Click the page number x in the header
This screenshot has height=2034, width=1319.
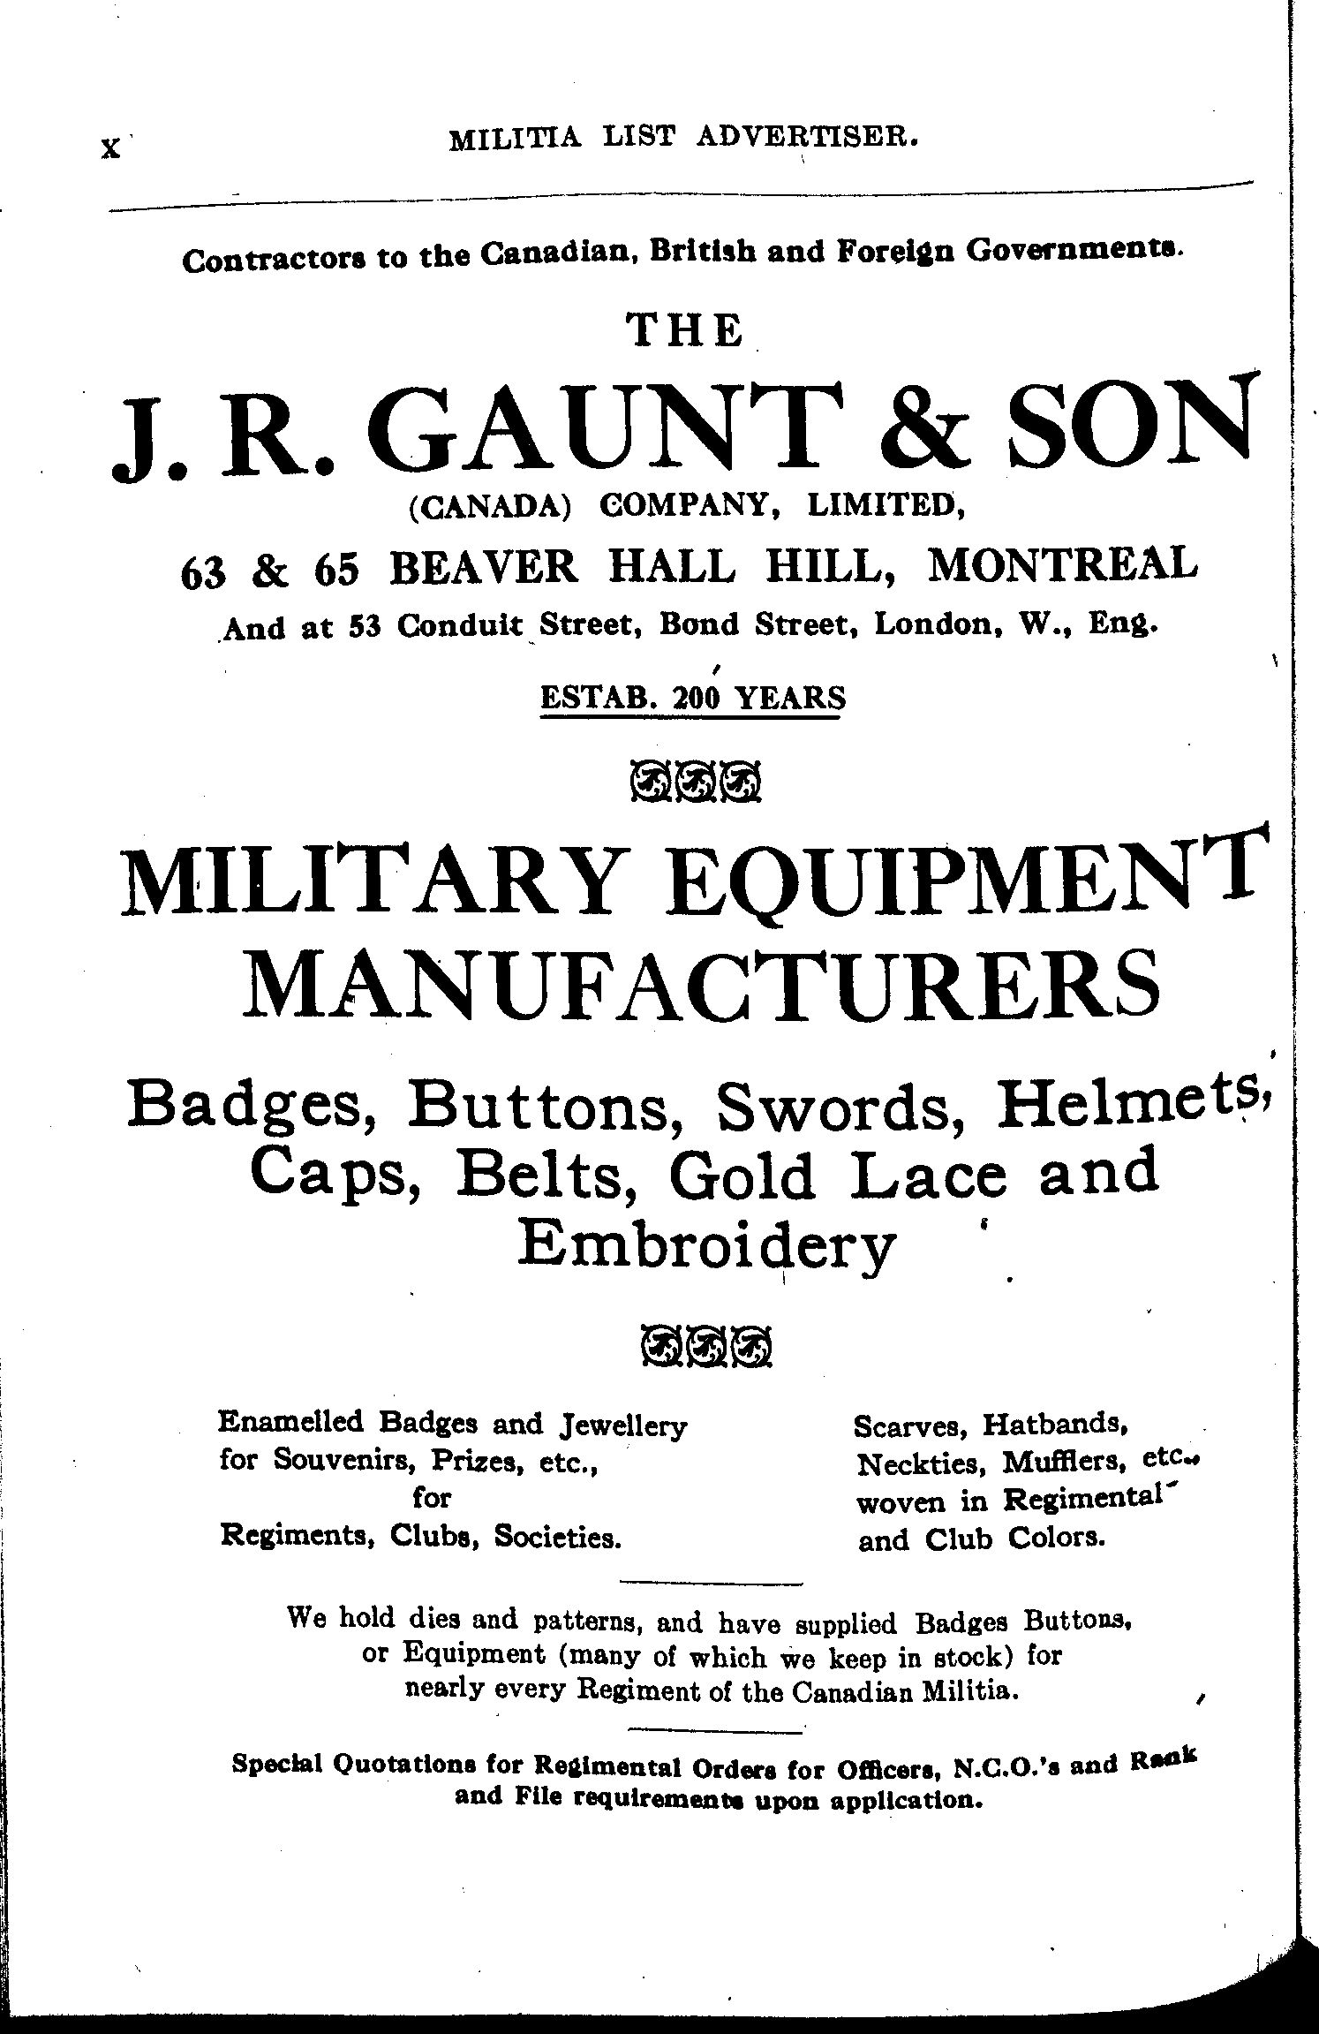pyautogui.click(x=109, y=148)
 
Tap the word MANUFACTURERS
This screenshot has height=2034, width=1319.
pyautogui.click(x=704, y=982)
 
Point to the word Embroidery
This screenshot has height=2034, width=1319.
pyautogui.click(x=706, y=1246)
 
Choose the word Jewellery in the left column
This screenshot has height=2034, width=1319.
pyautogui.click(x=623, y=1425)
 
